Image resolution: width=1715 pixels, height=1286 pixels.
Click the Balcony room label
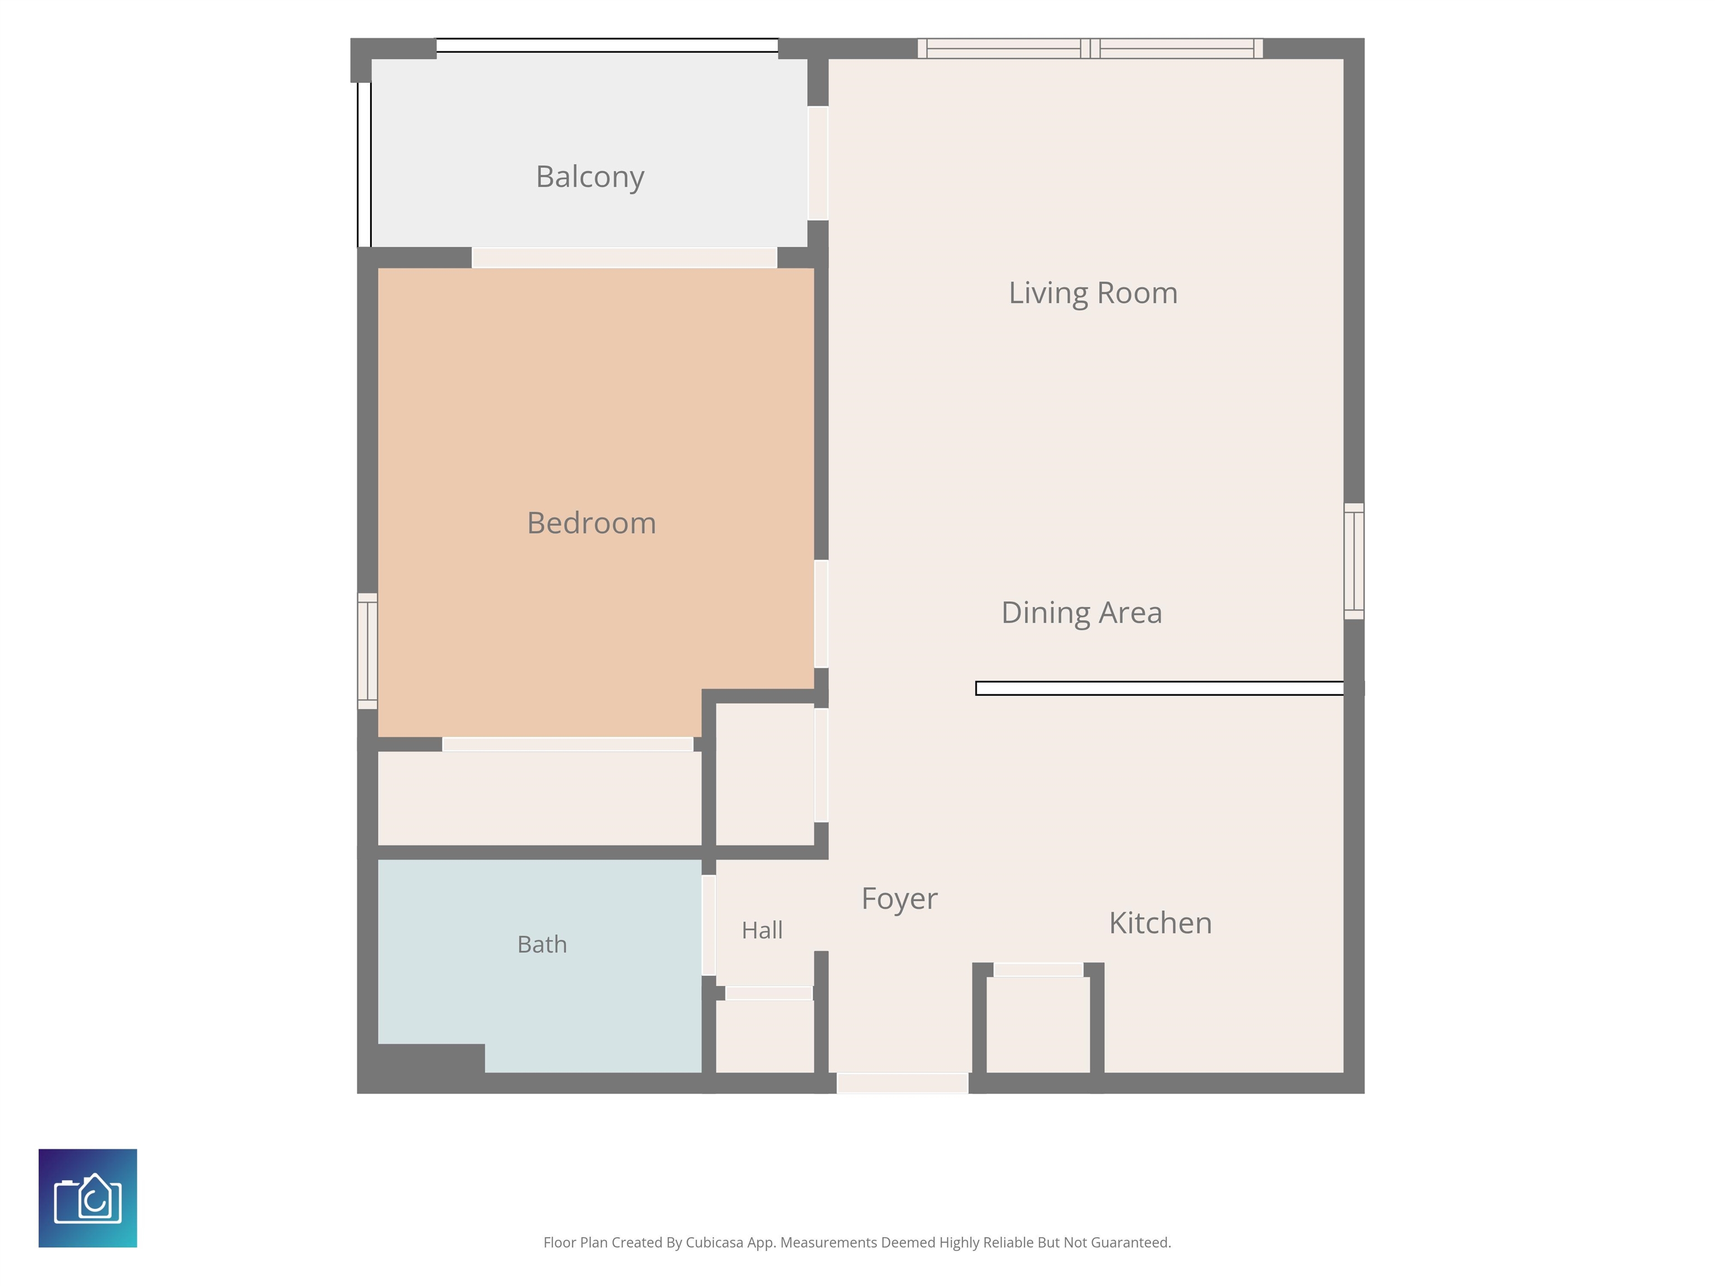click(x=590, y=177)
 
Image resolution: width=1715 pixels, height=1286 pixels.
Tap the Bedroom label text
click(x=592, y=523)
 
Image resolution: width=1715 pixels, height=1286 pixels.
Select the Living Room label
click(x=1093, y=294)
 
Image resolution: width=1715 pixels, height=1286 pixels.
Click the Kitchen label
click(x=1161, y=923)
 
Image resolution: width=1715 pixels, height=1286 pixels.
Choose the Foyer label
click(x=899, y=899)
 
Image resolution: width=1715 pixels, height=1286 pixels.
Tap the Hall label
click(x=762, y=930)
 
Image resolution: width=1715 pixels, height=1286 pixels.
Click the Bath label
click(x=542, y=944)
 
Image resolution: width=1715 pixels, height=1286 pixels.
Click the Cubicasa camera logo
click(x=88, y=1198)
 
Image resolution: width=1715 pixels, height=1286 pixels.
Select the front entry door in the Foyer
click(x=903, y=1083)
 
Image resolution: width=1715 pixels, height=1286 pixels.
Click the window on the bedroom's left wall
click(x=367, y=651)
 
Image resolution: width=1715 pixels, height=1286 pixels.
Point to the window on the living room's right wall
click(x=1354, y=561)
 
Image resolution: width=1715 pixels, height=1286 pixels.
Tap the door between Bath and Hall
click(x=708, y=925)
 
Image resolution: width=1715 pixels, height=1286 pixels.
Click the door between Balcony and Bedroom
click(x=624, y=257)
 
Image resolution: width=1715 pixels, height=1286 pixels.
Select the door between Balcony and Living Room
click(x=818, y=163)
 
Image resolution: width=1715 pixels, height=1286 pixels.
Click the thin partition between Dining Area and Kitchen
click(x=1160, y=688)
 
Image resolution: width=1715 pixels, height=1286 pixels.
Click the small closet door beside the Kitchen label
click(x=1038, y=970)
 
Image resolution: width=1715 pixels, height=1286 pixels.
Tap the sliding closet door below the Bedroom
click(x=568, y=744)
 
